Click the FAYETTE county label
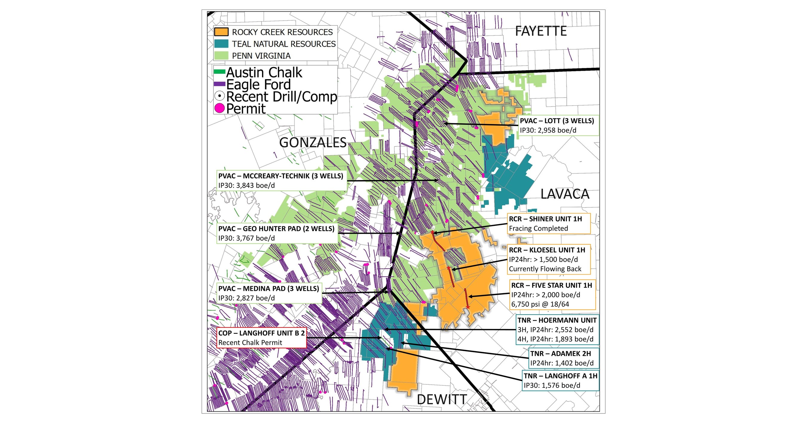(x=541, y=31)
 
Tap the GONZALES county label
(x=313, y=143)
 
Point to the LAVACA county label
(x=565, y=194)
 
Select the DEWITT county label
(x=442, y=400)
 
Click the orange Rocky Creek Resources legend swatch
(x=221, y=32)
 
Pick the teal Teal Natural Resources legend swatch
(x=221, y=44)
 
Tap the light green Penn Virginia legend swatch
(x=221, y=56)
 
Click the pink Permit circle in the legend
(x=220, y=109)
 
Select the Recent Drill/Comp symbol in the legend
(x=220, y=96)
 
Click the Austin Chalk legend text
(x=264, y=72)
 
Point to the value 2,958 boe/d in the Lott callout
(x=557, y=130)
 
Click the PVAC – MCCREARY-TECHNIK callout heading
(x=281, y=176)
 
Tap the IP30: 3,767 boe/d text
(x=247, y=238)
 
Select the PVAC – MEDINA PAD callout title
(x=268, y=288)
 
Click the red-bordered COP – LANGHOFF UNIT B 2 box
(x=262, y=338)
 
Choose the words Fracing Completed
(x=538, y=229)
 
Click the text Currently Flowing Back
(x=545, y=269)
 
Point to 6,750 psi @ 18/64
(x=540, y=304)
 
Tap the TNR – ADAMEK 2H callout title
(x=560, y=354)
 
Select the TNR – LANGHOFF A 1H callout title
(x=560, y=376)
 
